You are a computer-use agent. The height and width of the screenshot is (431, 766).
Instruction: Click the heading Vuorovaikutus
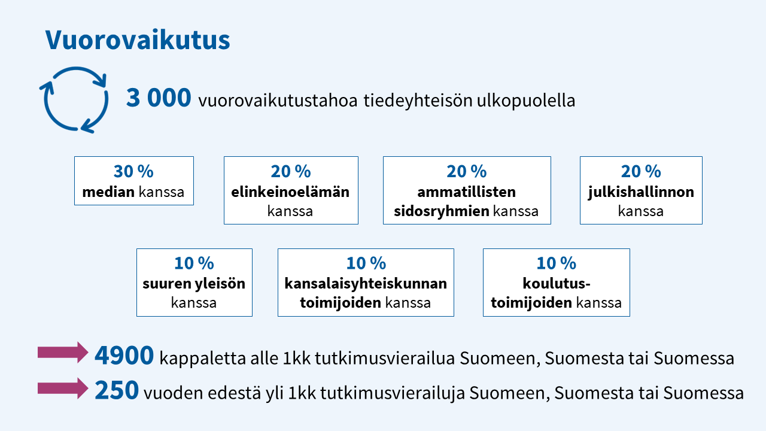point(138,40)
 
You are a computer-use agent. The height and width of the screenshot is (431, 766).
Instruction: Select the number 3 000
point(159,98)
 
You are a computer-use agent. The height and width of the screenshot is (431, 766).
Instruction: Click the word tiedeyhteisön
point(418,101)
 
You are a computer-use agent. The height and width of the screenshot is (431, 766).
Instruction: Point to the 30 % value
point(133,171)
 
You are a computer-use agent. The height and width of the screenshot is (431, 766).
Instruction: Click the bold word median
point(108,192)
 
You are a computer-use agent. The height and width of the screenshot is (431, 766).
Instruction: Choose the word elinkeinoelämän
point(290,192)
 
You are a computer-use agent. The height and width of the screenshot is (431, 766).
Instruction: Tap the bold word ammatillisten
point(466,192)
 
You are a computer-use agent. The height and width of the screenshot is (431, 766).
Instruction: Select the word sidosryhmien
point(442,211)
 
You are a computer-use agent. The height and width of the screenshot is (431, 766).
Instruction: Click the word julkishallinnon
point(641,192)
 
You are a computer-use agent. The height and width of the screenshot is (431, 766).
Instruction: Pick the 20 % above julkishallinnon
point(641,171)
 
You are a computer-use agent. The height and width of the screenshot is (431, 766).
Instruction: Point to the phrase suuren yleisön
point(194,284)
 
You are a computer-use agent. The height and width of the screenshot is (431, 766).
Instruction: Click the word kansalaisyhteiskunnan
point(366,284)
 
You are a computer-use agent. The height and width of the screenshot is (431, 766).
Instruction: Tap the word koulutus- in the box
point(557,284)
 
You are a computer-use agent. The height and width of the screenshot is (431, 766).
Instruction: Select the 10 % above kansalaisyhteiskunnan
point(366,263)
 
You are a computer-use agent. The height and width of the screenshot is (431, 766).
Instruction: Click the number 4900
point(124,356)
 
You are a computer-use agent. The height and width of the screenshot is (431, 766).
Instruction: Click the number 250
point(117,390)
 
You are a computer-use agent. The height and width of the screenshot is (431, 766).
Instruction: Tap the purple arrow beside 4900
point(63,353)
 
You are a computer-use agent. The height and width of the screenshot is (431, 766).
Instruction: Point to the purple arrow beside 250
point(63,388)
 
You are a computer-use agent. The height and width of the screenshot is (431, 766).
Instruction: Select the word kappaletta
point(202,359)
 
